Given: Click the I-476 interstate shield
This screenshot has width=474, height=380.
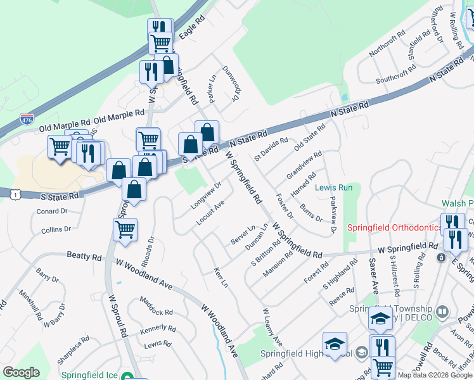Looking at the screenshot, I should (x=27, y=118).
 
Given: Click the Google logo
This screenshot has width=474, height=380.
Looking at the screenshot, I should (x=21, y=372).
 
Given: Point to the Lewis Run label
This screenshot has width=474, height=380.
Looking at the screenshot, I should (x=333, y=188).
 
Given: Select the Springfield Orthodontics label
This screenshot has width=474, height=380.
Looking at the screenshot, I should (x=394, y=228).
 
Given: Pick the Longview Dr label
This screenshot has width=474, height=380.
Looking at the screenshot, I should (x=206, y=196).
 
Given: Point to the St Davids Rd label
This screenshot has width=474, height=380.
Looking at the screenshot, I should (x=271, y=149).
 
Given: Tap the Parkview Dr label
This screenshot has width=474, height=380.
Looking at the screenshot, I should (x=333, y=215).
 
